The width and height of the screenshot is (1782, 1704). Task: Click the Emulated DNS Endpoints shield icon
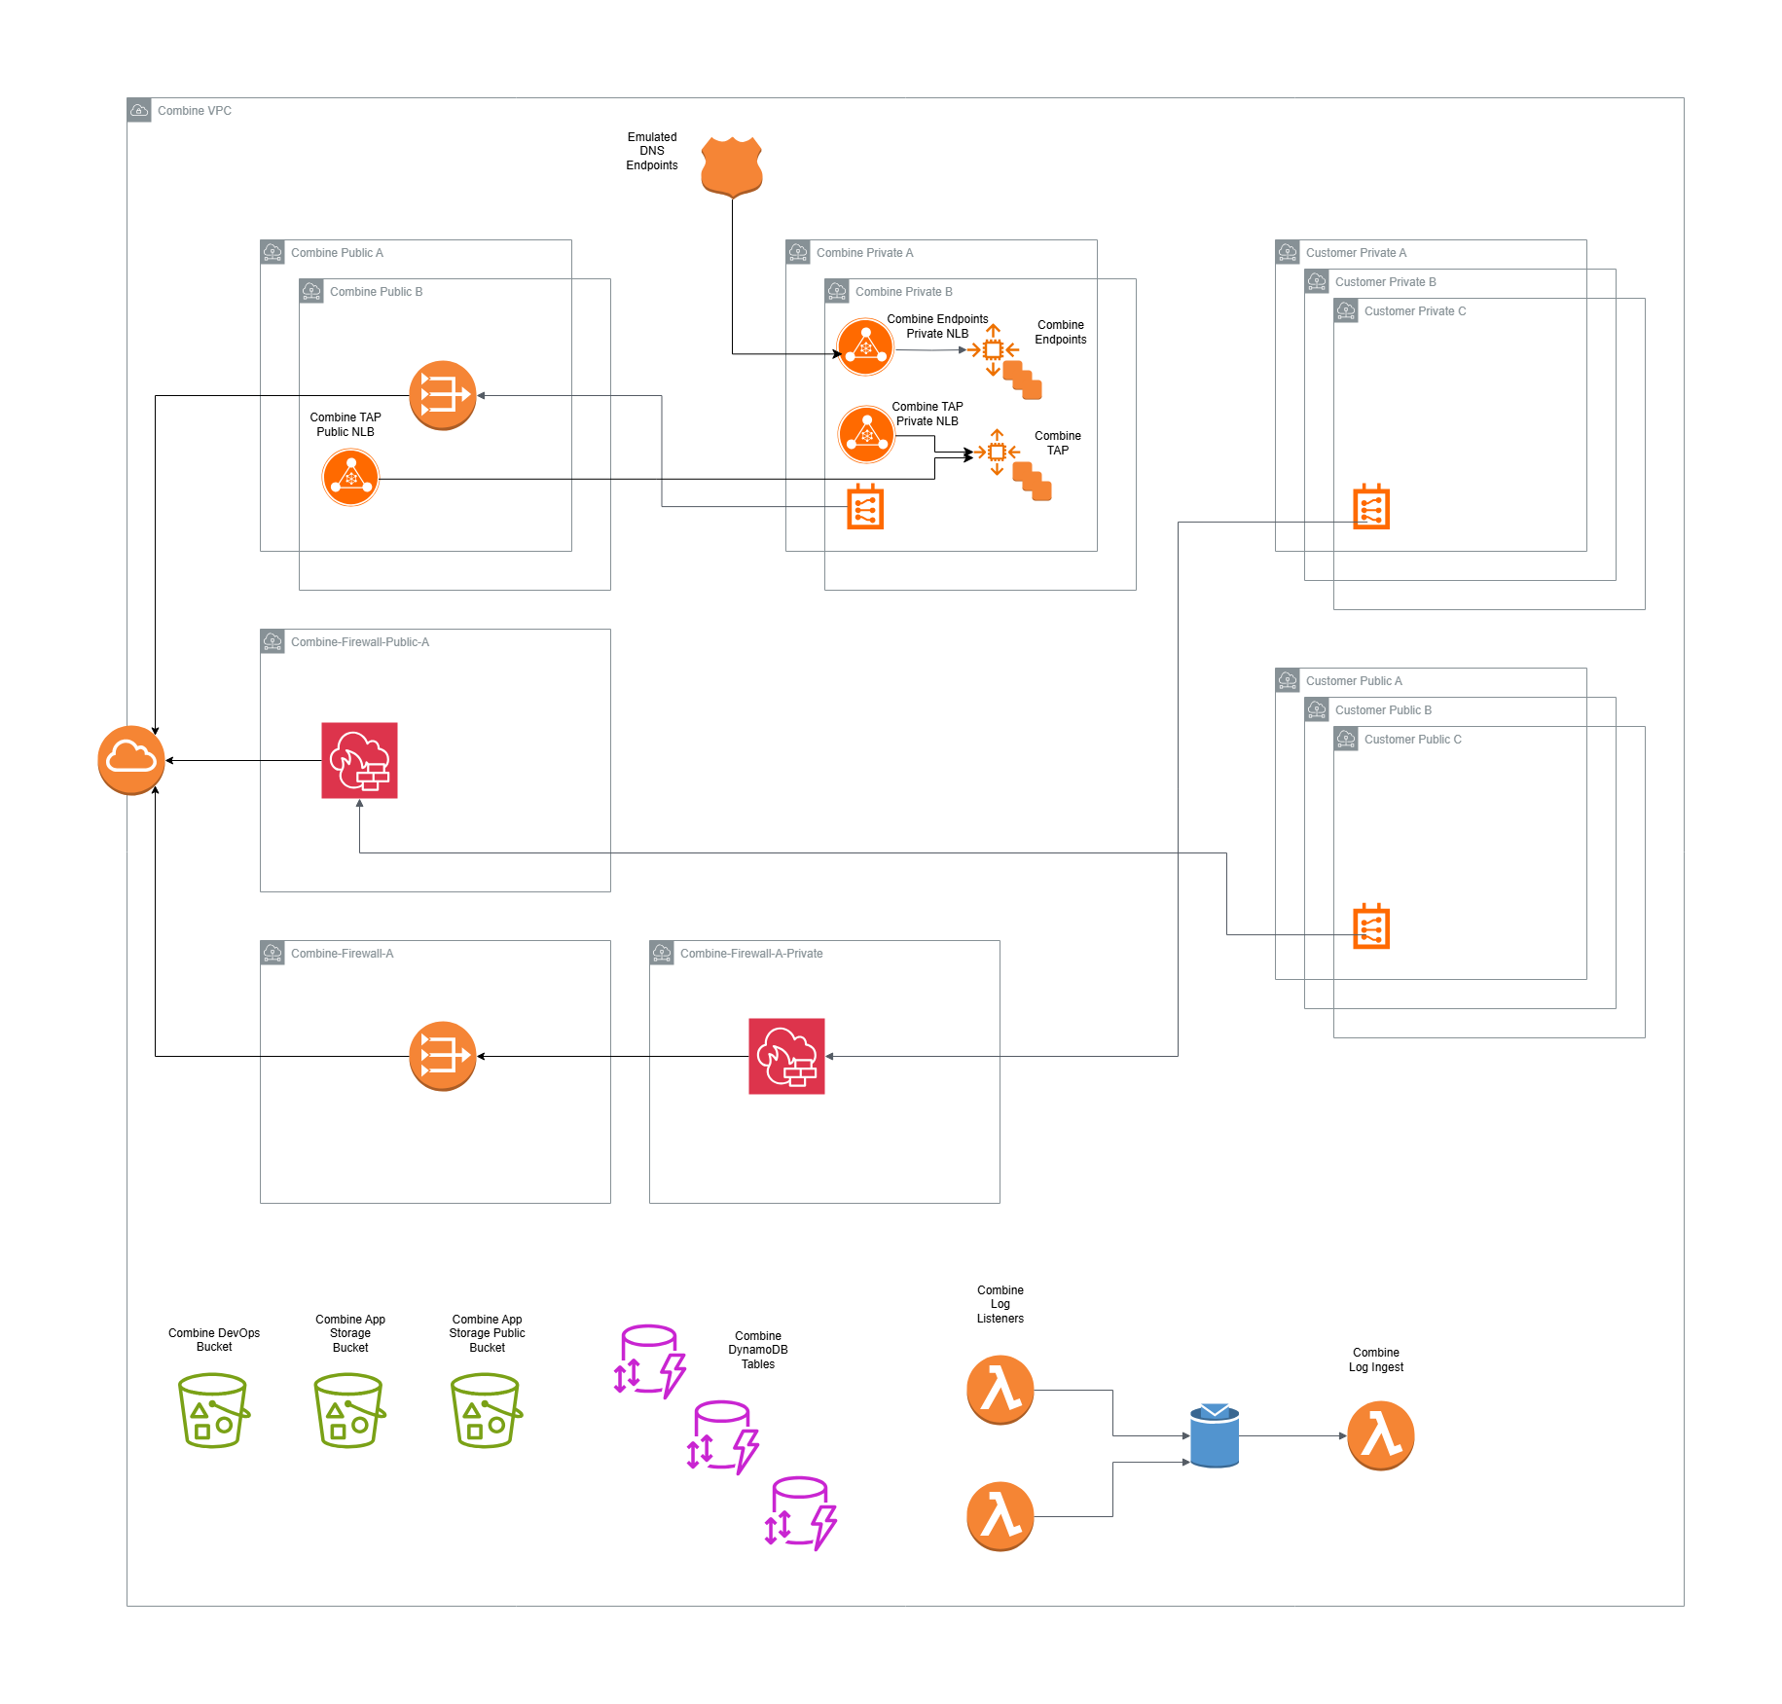point(732,166)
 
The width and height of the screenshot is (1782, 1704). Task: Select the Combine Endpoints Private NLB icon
point(865,347)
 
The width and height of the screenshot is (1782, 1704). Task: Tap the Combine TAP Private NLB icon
point(866,434)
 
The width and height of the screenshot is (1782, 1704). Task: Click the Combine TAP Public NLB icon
point(350,478)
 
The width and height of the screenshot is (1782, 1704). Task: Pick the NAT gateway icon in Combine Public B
point(443,395)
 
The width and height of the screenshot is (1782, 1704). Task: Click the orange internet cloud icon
point(131,760)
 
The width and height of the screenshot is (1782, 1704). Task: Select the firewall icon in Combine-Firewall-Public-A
point(359,760)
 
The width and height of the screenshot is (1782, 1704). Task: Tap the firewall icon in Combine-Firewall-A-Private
point(786,1056)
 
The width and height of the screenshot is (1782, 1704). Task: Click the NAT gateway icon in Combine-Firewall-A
point(443,1056)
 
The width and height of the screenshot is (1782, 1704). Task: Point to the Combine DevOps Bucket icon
point(214,1410)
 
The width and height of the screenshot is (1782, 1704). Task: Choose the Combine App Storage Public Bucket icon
point(487,1410)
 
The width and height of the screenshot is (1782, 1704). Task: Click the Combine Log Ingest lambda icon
point(1380,1435)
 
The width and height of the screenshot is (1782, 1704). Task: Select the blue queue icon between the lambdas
point(1215,1435)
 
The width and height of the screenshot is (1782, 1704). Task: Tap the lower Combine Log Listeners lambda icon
point(1000,1516)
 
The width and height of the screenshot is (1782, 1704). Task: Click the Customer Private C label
point(1414,311)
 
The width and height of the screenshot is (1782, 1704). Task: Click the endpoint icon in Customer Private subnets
point(1371,507)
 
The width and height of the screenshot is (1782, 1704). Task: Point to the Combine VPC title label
point(195,111)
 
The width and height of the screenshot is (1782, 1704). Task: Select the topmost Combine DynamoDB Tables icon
point(650,1361)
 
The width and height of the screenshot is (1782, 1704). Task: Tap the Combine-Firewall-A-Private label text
point(750,954)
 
